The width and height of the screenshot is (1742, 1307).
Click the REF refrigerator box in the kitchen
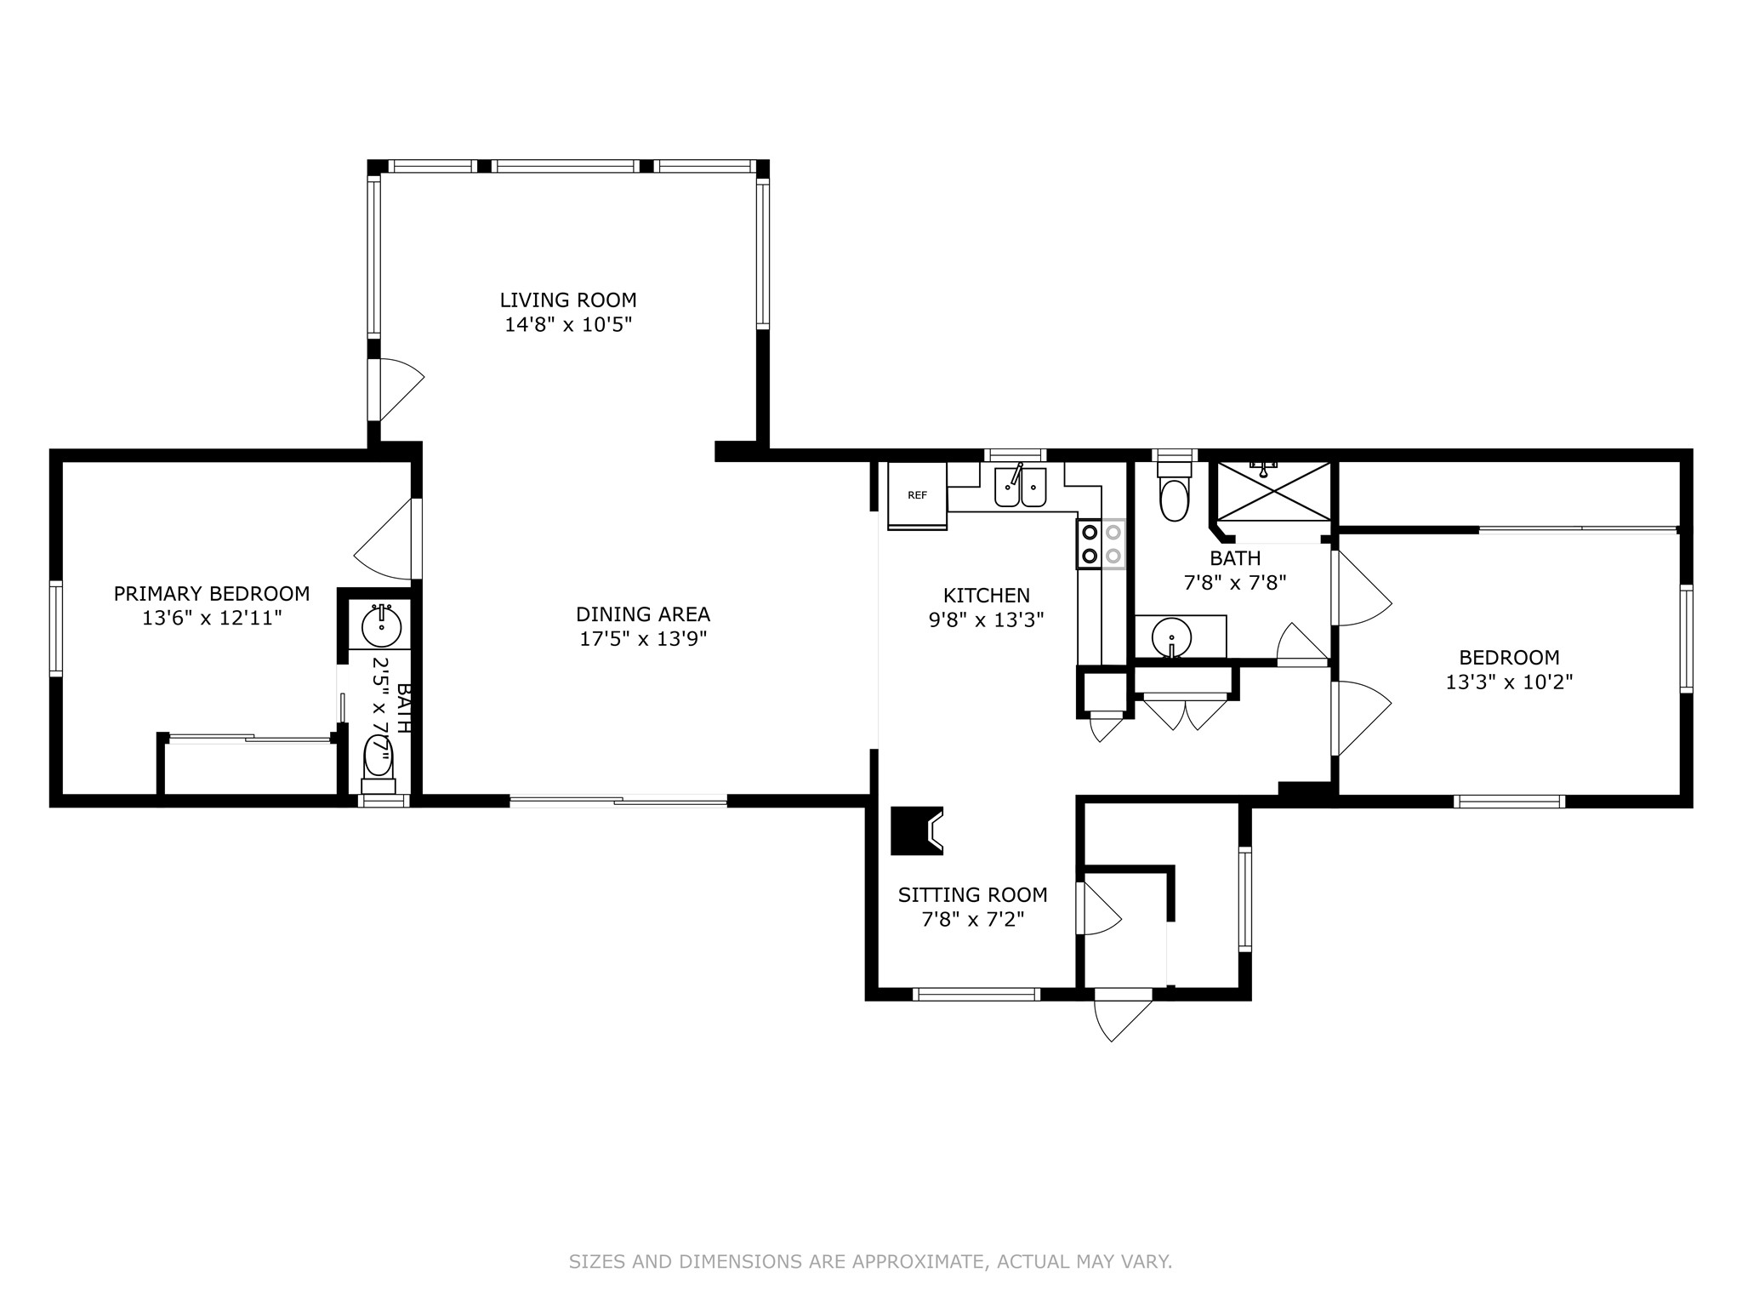(917, 494)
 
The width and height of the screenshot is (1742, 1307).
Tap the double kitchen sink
(1020, 488)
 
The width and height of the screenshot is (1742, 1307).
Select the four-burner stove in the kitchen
(1102, 545)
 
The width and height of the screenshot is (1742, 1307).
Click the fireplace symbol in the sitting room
(918, 830)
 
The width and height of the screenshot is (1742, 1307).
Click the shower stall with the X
(1273, 491)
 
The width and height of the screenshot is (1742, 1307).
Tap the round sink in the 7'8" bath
(1172, 636)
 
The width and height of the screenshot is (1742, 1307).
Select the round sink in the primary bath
(381, 626)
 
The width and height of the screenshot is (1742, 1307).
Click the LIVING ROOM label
(567, 300)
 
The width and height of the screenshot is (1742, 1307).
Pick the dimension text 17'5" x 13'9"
(643, 639)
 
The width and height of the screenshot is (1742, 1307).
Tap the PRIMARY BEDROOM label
(212, 594)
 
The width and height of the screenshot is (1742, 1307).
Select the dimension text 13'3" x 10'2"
(1509, 682)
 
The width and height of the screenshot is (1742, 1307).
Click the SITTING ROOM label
(972, 895)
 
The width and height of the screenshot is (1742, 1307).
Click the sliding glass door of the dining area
(618, 801)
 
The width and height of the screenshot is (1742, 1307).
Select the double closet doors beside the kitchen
(1185, 713)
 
